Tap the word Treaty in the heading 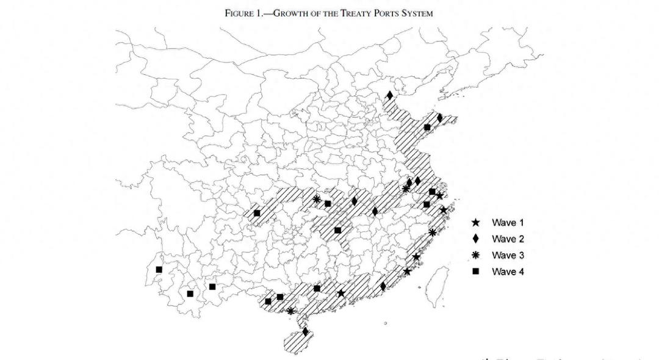pos(348,13)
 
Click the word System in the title pos(417,13)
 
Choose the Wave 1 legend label pos(507,223)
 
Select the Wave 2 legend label pos(507,239)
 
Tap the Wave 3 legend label pos(507,255)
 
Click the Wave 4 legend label pos(507,272)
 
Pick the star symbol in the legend pos(475,223)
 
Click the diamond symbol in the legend pos(475,239)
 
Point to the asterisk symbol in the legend pos(475,255)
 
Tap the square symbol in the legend pos(475,272)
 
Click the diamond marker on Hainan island pos(305,332)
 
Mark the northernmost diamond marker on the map pos(389,95)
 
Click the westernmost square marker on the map pos(159,269)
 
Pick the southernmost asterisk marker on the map pos(290,311)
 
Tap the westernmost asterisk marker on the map pos(316,199)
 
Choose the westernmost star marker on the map pos(341,294)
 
